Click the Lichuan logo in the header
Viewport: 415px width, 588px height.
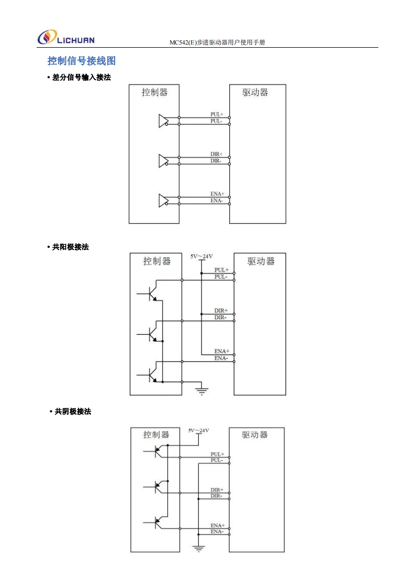66,38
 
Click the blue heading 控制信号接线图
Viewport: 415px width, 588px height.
82,61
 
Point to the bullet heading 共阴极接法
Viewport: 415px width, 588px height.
72,412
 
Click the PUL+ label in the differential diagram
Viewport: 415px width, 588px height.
217,114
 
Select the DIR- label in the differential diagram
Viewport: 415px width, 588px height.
216,161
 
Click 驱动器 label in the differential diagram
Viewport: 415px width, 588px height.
255,92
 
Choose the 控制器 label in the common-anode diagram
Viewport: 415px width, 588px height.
157,261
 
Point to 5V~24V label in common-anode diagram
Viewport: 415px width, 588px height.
201,256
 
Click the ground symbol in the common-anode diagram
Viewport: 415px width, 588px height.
201,390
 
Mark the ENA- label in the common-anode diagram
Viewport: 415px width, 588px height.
221,358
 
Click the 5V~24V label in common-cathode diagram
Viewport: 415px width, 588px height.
198,430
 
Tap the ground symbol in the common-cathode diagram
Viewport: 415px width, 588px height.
199,549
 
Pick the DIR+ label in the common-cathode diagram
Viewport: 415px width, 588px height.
217,489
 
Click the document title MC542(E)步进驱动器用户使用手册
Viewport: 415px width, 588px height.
217,42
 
